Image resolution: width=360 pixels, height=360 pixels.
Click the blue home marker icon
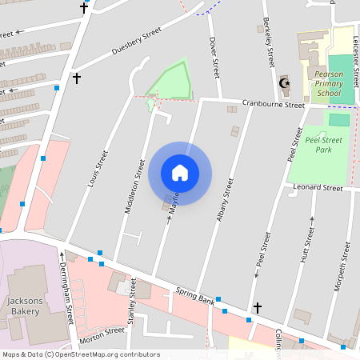coord(180,173)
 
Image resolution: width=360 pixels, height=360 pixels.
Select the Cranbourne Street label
coord(274,105)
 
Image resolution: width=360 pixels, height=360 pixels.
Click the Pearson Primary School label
coord(328,83)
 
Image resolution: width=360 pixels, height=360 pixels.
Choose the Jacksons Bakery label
coord(24,306)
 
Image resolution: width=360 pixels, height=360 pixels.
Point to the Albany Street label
coord(225,199)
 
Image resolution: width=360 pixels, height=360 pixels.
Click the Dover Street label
coord(214,56)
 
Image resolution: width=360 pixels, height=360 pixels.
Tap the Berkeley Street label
coord(269,46)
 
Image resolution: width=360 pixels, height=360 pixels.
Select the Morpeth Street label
coord(346,260)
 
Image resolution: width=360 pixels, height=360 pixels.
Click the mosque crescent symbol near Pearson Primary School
coord(282,82)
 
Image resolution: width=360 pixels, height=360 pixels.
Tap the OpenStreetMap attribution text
coord(80,354)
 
